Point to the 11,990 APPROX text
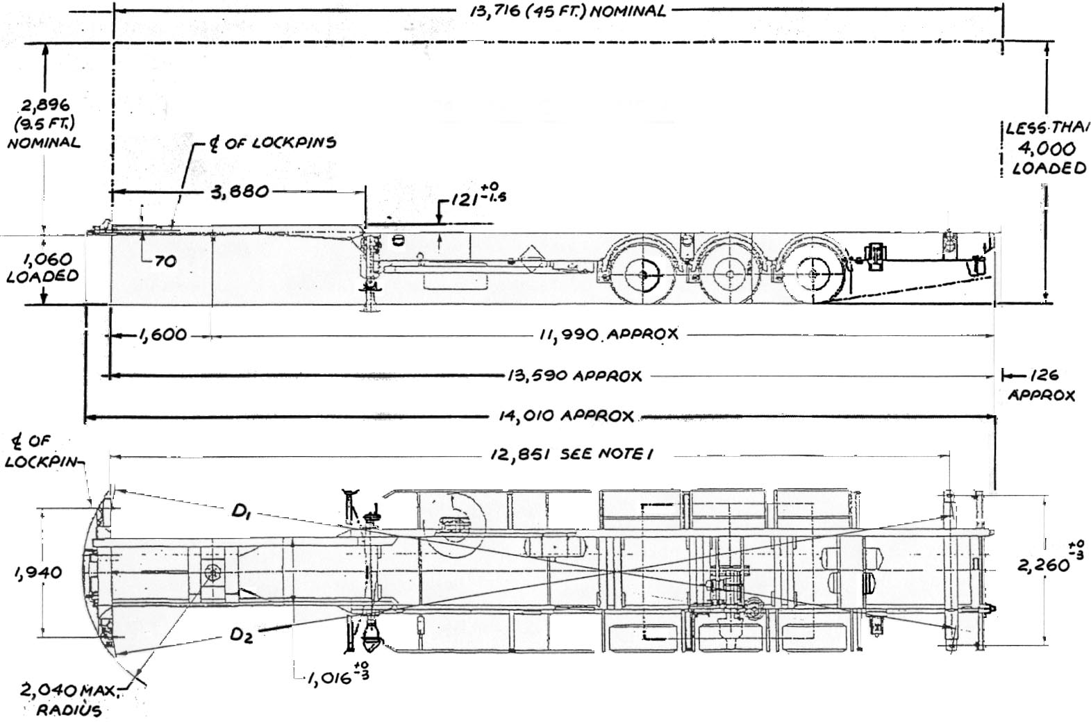tap(608, 335)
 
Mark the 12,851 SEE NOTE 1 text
tap(581, 455)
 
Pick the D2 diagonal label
tap(242, 634)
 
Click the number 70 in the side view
tap(166, 262)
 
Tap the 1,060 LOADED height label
tap(42, 267)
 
